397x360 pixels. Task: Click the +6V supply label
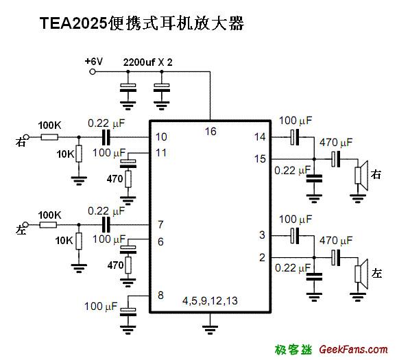tap(93, 62)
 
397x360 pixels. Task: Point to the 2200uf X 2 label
tap(147, 62)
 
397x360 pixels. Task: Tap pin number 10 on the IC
tap(161, 137)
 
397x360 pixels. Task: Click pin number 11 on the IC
tap(161, 152)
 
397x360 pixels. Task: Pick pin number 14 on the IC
tap(259, 137)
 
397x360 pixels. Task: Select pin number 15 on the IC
tap(259, 158)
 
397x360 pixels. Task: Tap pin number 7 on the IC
tap(160, 225)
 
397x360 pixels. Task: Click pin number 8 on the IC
tap(160, 296)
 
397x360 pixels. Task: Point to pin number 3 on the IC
tap(262, 235)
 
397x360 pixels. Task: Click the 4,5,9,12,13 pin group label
tap(210, 301)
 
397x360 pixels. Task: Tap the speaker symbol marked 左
tap(361, 273)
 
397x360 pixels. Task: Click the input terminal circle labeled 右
tap(26, 137)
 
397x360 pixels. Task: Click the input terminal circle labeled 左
tap(26, 225)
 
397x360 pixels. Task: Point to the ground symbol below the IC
tap(210, 328)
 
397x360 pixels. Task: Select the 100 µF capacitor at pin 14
tap(294, 137)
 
